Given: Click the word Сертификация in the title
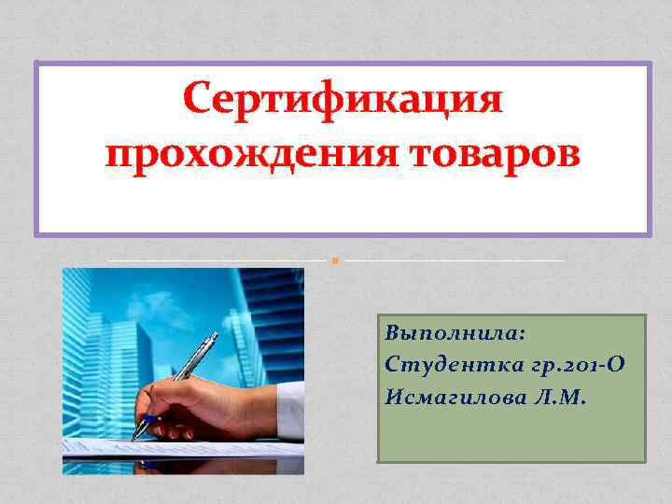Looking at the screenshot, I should [342, 98].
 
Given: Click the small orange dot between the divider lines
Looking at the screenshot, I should [333, 260].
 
